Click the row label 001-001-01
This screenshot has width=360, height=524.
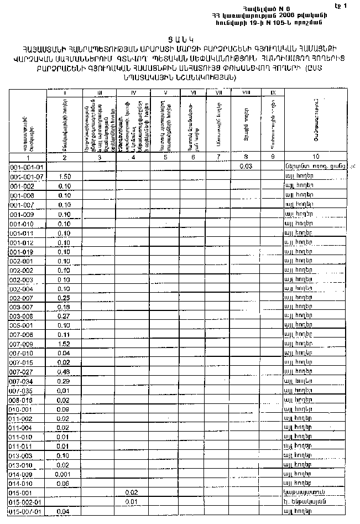(28, 167)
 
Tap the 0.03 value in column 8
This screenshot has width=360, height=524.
(246, 166)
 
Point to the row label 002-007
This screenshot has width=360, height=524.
(23, 298)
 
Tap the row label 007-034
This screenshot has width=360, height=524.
(23, 381)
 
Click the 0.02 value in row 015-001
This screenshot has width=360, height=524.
(132, 492)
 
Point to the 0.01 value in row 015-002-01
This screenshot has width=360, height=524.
(132, 501)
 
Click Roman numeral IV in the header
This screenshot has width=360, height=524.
(133, 92)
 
